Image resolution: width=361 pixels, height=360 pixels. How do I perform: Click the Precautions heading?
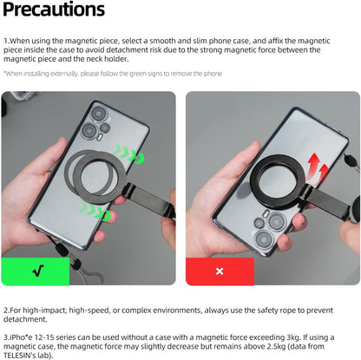(x=54, y=10)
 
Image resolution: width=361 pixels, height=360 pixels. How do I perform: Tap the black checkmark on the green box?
(x=38, y=271)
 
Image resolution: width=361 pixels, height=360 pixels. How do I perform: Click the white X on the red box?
(x=220, y=272)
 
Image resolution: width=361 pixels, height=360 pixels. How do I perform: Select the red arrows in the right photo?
(x=318, y=168)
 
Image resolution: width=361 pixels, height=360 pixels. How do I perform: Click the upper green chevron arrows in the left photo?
(x=128, y=153)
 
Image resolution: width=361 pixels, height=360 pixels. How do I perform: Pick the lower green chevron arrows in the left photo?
(x=95, y=211)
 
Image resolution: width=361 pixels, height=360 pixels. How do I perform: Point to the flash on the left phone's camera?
(x=100, y=137)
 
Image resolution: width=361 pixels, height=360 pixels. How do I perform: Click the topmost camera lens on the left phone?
(x=99, y=114)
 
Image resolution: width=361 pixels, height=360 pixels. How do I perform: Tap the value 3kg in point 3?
(x=293, y=337)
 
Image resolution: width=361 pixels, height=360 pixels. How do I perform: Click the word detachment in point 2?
(x=25, y=319)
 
